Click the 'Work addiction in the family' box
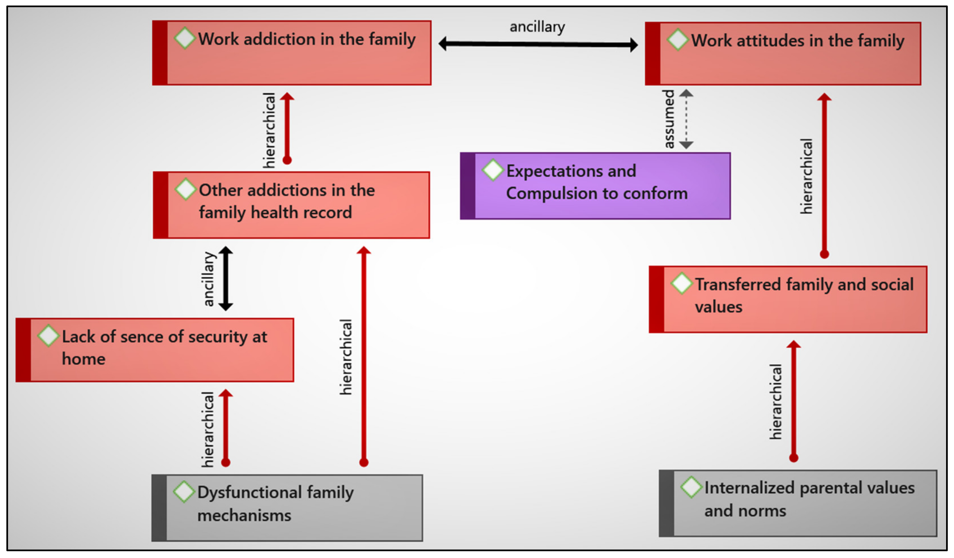point(291,53)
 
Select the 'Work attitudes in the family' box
point(783,54)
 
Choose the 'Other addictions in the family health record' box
point(291,205)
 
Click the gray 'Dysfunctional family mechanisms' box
point(287,508)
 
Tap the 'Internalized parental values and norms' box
point(798,503)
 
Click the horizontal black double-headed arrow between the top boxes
point(538,44)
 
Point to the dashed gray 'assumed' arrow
point(686,119)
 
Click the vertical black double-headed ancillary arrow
point(226,278)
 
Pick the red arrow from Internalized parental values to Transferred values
point(793,401)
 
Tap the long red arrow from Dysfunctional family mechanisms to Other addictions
point(363,356)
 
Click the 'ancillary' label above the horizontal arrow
point(537,27)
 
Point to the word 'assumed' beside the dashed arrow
point(669,119)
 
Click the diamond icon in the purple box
point(493,169)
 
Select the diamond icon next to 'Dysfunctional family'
point(184,492)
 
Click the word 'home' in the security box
point(84,359)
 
